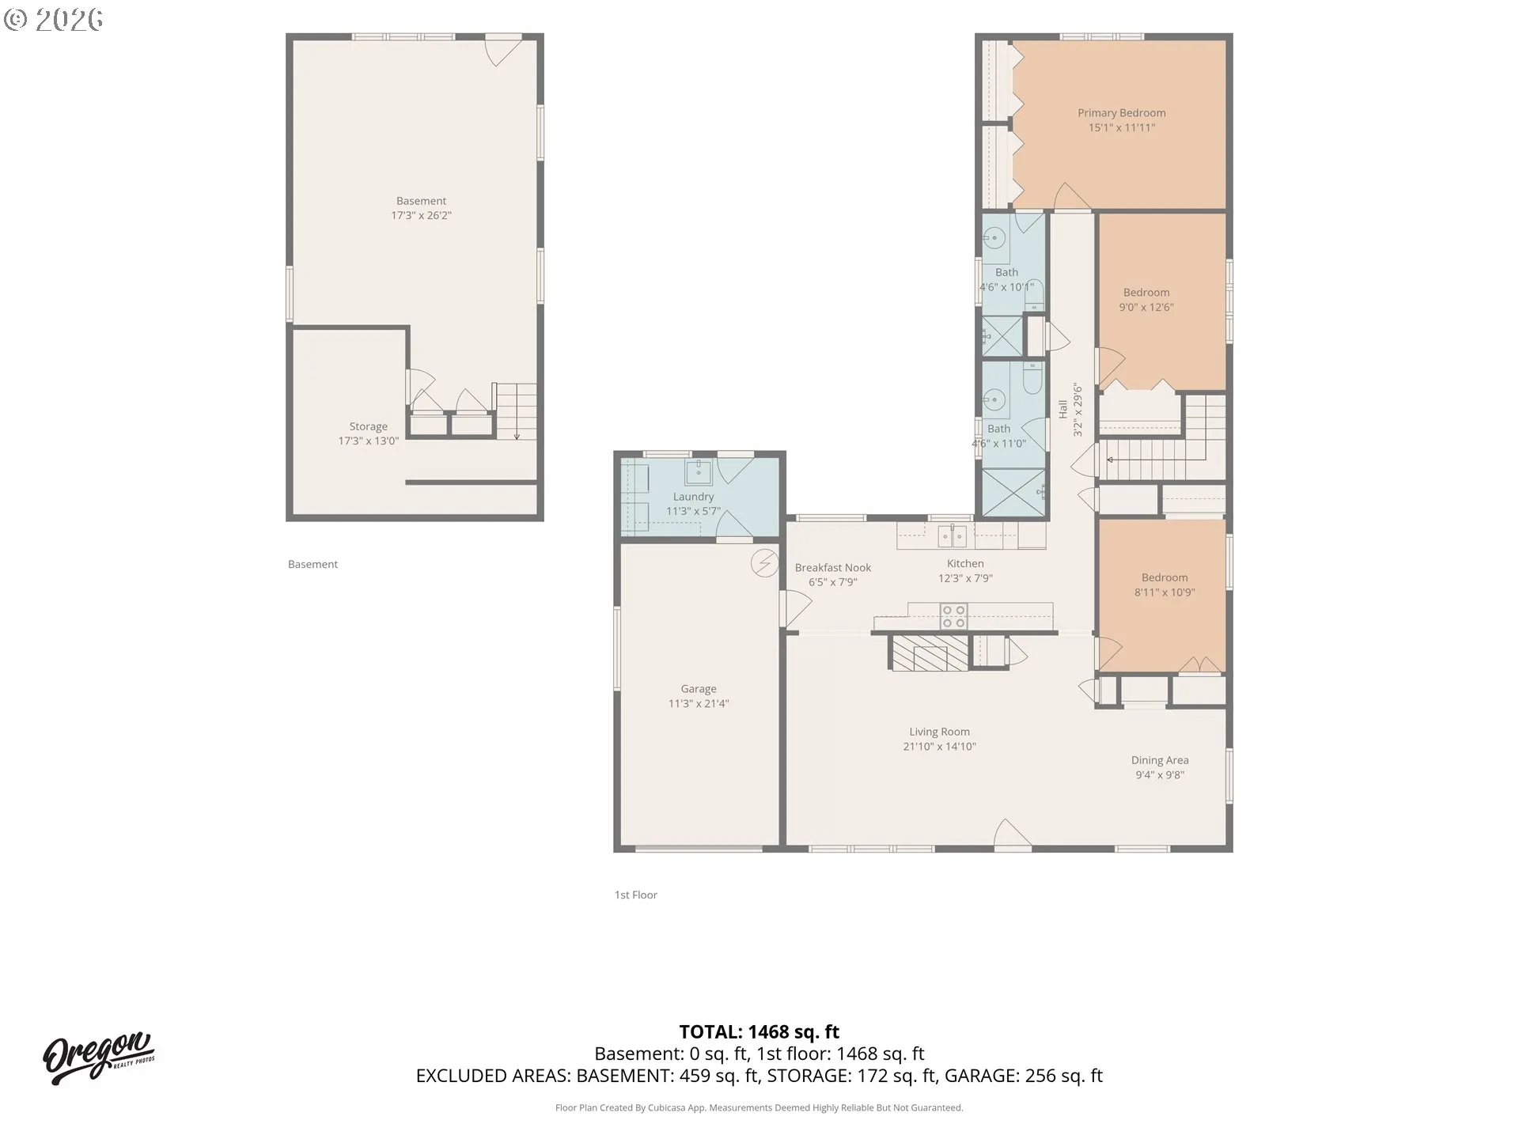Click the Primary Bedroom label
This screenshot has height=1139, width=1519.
click(1121, 113)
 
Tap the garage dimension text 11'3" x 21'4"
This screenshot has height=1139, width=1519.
click(699, 703)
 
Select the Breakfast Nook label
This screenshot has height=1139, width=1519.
click(833, 568)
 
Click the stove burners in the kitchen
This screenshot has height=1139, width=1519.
click(954, 617)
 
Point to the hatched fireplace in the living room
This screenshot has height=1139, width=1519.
click(930, 653)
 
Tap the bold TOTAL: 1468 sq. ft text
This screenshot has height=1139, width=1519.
click(759, 1031)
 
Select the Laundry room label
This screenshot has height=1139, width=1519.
click(693, 497)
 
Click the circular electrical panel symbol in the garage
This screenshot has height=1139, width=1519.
click(764, 563)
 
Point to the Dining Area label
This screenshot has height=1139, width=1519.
click(1160, 760)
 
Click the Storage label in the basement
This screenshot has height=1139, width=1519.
click(369, 426)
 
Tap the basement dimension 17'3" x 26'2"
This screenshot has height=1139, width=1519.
click(421, 215)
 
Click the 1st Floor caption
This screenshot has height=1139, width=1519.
click(636, 895)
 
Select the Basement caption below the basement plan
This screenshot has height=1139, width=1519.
click(313, 564)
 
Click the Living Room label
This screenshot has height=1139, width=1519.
click(939, 732)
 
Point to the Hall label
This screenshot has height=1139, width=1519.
click(1063, 409)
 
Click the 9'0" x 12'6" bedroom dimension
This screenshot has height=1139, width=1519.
click(1146, 307)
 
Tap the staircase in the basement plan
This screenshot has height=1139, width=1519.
click(515, 411)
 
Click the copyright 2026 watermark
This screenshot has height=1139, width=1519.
click(53, 20)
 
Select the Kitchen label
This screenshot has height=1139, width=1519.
click(965, 563)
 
